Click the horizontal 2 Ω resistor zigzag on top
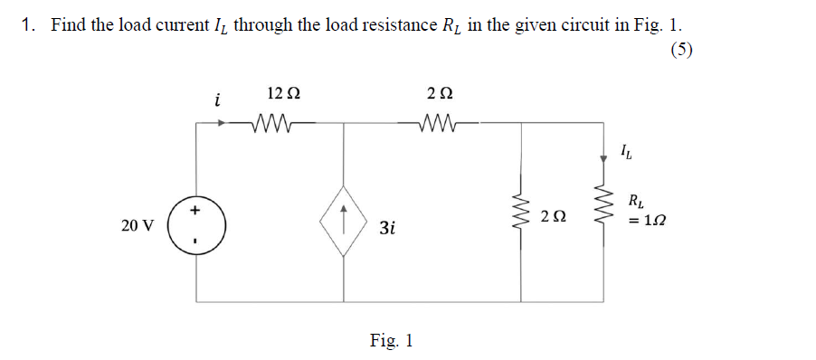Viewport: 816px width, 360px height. [438, 121]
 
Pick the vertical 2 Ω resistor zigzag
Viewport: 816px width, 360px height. [521, 215]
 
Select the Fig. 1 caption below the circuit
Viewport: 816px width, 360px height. [391, 340]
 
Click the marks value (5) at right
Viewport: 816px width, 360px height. [683, 50]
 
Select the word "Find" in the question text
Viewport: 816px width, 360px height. [68, 25]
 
